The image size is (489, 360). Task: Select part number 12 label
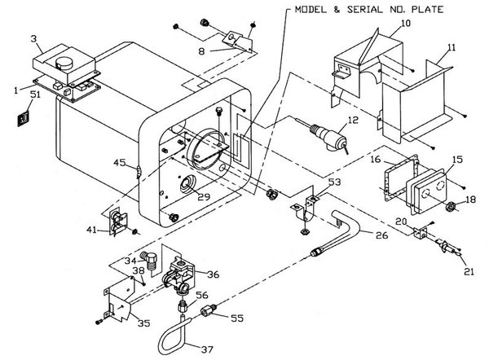(x=352, y=121)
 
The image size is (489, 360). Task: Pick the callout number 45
(x=119, y=162)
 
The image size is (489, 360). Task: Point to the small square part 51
(x=24, y=119)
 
